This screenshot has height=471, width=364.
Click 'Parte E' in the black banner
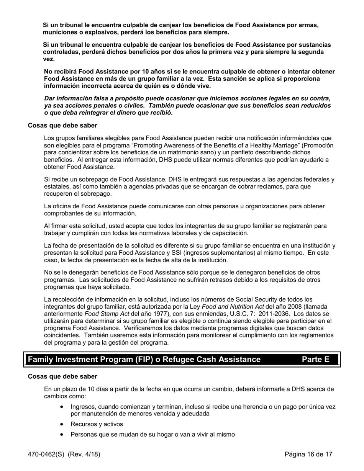[x=315, y=359]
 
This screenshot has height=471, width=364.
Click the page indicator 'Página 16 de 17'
[x=308, y=455]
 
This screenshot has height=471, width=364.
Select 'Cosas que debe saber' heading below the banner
[x=62, y=376]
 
